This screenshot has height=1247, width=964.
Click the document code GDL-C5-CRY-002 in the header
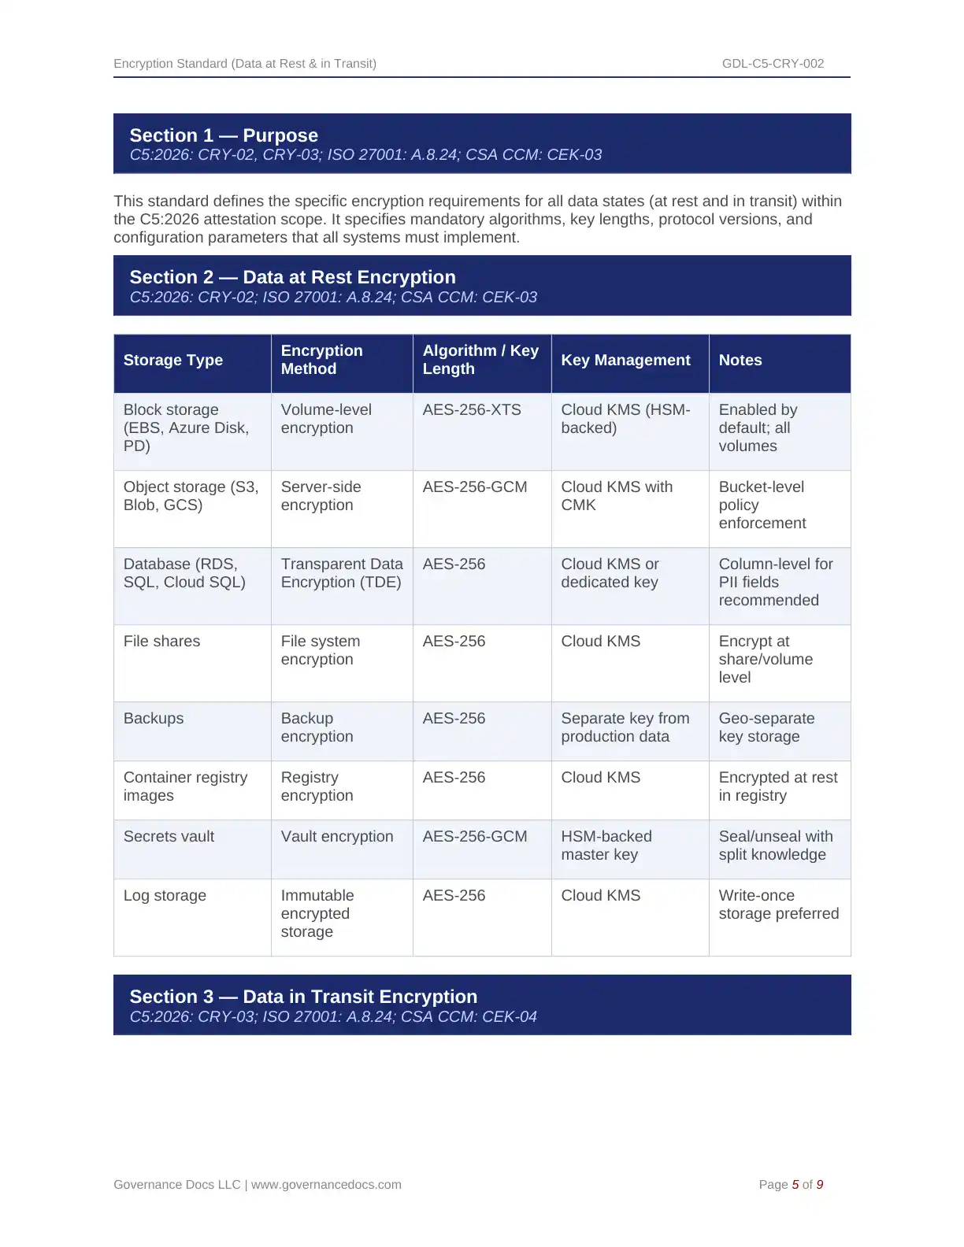click(773, 64)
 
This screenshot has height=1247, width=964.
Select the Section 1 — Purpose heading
click(224, 135)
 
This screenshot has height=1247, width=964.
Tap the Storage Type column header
click(173, 361)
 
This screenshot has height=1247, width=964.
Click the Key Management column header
click(625, 361)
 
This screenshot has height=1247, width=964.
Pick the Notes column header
click(740, 361)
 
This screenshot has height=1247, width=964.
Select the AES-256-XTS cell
click(472, 410)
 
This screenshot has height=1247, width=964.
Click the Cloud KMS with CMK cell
click(617, 496)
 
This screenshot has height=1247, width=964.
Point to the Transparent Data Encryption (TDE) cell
click(342, 573)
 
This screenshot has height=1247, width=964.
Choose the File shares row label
click(161, 642)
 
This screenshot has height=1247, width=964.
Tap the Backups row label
click(154, 719)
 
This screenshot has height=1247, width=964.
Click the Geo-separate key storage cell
click(766, 727)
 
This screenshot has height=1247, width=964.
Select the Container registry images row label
click(185, 786)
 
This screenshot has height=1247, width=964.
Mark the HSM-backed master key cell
click(606, 846)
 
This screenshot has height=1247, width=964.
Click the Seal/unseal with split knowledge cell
click(775, 846)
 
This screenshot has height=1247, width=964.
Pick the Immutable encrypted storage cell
click(317, 913)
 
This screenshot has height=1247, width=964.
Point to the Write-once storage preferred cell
click(778, 905)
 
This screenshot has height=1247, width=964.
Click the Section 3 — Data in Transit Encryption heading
click(303, 997)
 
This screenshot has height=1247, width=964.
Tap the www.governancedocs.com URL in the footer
click(326, 1185)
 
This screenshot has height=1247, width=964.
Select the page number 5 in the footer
click(795, 1185)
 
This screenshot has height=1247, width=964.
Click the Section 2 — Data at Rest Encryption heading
click(292, 277)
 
